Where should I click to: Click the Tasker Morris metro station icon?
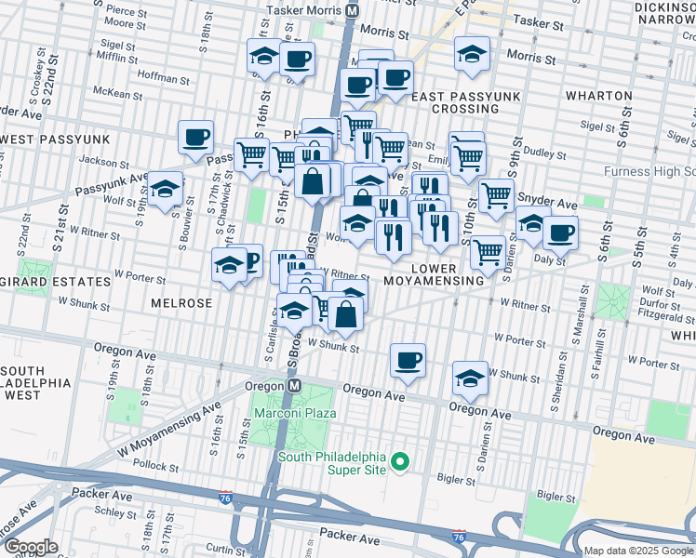[352, 10]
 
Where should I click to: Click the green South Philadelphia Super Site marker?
[400, 461]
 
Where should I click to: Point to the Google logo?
[31, 547]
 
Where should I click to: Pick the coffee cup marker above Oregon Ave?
[407, 359]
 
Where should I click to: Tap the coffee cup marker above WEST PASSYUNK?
[195, 138]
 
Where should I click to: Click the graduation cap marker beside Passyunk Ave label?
[166, 191]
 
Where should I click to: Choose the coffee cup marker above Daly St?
[560, 232]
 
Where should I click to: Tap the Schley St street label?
[115, 512]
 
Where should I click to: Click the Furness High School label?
[649, 171]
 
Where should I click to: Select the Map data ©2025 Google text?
[638, 551]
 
